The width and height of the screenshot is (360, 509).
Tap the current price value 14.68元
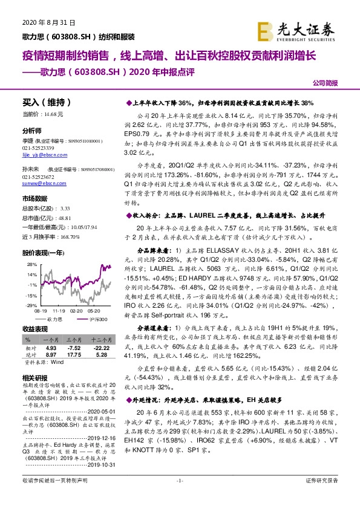[54, 114]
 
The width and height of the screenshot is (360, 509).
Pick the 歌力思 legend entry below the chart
[55, 319]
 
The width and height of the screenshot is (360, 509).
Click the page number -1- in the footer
[180, 497]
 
